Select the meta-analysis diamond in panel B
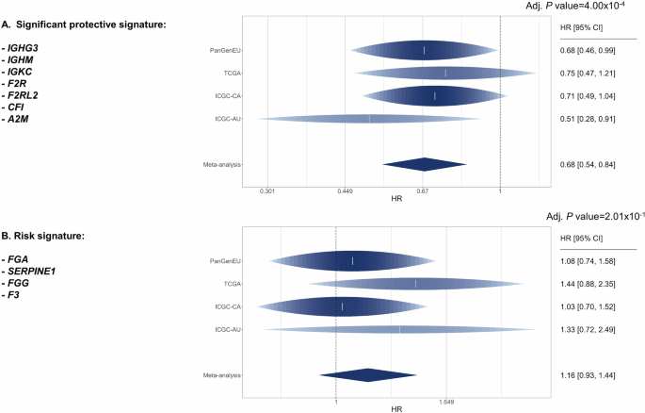tap(368, 375)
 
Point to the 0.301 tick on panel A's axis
tap(267, 190)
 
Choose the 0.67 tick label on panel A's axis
tap(423, 190)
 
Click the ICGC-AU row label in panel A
tap(229, 119)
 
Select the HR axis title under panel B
tap(396, 409)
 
